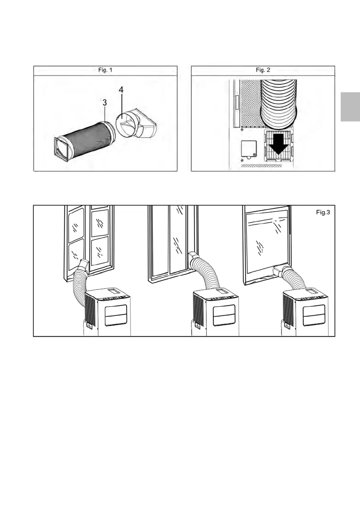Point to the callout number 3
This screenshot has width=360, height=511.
point(104,104)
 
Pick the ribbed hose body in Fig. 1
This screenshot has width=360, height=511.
point(84,137)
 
